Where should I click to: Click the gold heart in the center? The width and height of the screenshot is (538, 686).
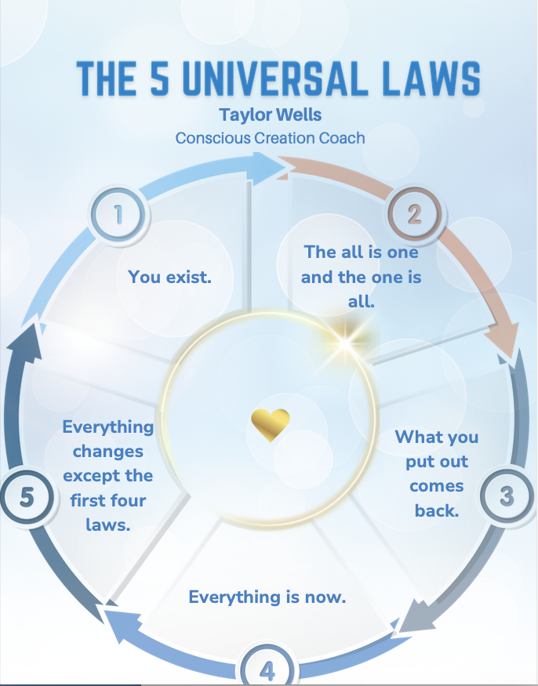[271, 424]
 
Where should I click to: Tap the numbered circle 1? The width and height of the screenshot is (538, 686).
[119, 214]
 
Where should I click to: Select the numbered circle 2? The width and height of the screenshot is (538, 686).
[414, 214]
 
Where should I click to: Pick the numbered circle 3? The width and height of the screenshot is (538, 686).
[506, 496]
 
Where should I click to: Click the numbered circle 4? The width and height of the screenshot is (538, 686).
[267, 671]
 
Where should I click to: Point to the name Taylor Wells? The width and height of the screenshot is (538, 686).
[269, 114]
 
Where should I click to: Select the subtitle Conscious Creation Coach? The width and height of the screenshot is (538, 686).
[270, 138]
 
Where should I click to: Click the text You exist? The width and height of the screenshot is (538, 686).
[170, 276]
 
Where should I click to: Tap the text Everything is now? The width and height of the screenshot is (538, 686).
[267, 597]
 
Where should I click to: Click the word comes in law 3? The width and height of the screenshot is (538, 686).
[437, 487]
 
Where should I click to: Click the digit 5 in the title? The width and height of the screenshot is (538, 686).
[158, 79]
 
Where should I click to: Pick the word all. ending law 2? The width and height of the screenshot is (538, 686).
[361, 302]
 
